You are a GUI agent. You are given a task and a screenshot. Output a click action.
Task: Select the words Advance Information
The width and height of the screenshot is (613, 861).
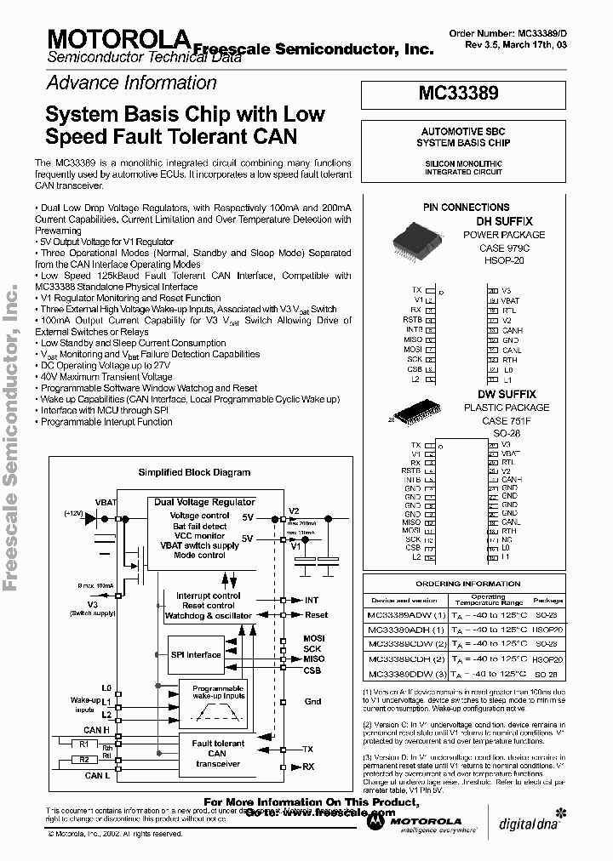pyautogui.click(x=131, y=83)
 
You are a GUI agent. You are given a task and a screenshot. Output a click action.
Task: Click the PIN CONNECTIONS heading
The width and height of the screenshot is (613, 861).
pyautogui.click(x=466, y=207)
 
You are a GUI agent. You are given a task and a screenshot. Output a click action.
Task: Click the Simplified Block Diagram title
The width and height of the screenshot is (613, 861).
pyautogui.click(x=194, y=472)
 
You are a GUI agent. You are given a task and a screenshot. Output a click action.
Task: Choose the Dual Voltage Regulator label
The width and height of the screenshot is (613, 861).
pyautogui.click(x=204, y=503)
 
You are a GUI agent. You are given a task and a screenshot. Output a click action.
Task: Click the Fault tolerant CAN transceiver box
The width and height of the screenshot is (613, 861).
pyautogui.click(x=217, y=754)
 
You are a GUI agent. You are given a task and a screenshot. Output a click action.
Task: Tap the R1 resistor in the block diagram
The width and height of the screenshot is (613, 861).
pyautogui.click(x=84, y=743)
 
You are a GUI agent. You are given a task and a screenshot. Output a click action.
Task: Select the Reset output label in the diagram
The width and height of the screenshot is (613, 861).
pyautogui.click(x=316, y=614)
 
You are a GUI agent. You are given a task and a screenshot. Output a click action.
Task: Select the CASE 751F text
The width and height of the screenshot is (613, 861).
pyautogui.click(x=506, y=420)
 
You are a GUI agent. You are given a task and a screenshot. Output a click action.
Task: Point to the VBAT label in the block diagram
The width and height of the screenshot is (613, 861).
pyautogui.click(x=106, y=502)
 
